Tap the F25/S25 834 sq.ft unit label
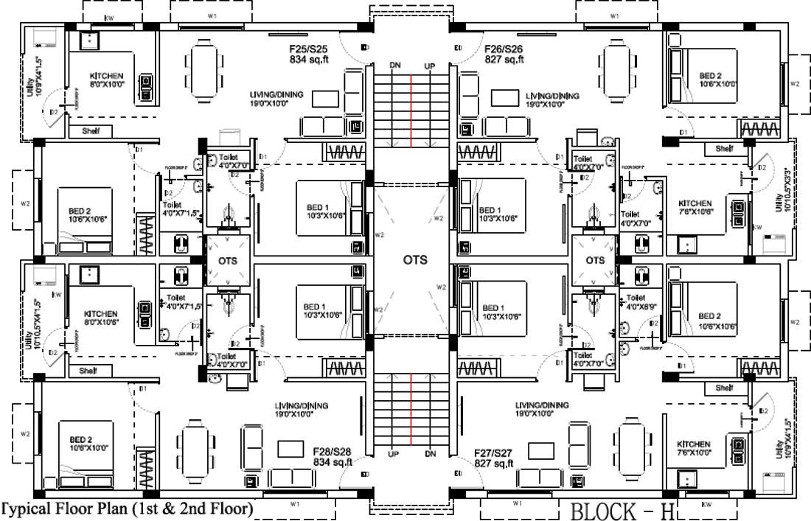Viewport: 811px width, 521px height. [x=308, y=55]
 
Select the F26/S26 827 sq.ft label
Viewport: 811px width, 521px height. [x=504, y=55]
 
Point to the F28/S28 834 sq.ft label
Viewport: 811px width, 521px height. [x=333, y=456]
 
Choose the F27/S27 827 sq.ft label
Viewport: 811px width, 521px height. [x=494, y=458]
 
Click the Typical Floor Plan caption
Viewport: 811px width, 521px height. [x=127, y=508]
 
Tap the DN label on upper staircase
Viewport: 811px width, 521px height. [x=395, y=66]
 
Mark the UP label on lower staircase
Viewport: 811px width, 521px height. [x=395, y=454]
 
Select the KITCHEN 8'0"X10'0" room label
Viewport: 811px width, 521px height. [x=106, y=80]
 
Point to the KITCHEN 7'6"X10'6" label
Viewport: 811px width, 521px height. [x=695, y=208]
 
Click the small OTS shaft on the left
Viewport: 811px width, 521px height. [x=226, y=260]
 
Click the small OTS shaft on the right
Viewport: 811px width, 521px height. [x=594, y=260]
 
